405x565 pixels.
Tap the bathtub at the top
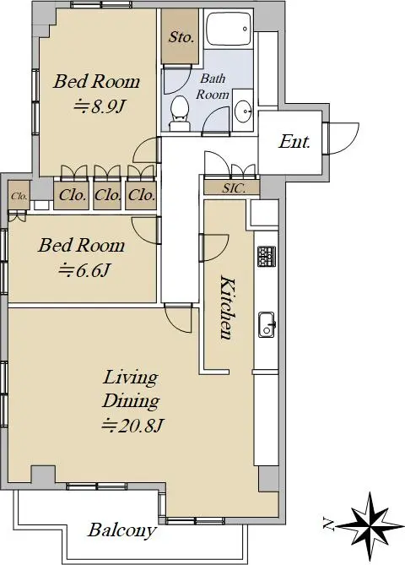pos(229,29)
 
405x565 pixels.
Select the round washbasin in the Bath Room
pos(243,110)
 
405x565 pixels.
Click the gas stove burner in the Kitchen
pos(267,256)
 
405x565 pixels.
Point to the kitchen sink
pos(267,324)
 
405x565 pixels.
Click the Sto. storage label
pos(181,37)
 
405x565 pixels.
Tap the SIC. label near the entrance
pos(234,188)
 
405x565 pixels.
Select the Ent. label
pos(294,142)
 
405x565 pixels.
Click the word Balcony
pos(122,530)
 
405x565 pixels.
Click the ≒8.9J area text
pos(100,106)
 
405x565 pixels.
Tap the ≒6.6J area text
pos(84,270)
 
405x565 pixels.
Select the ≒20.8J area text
pos(132,426)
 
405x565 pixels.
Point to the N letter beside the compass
pos(328,524)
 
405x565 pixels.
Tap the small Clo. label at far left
pos(19,197)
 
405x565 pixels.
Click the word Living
pos(130,378)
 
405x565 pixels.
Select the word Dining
pos(131,401)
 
